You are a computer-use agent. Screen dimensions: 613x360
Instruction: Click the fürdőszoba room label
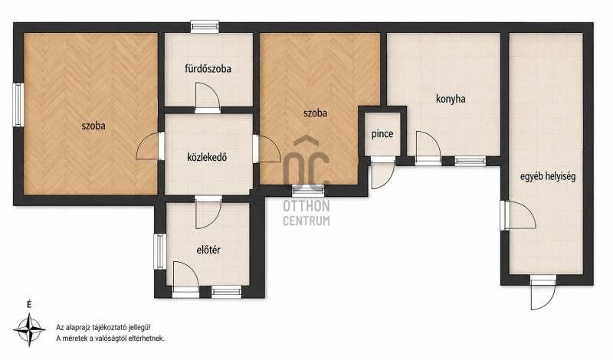point(208,69)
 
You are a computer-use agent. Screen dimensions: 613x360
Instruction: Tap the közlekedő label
point(207,158)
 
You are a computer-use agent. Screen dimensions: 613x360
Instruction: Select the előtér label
point(208,250)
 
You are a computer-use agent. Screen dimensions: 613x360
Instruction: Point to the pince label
point(382,134)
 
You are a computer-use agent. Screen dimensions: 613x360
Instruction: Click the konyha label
point(451,99)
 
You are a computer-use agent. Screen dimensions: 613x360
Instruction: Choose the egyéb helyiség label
point(548,177)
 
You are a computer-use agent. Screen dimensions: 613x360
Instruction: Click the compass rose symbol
point(29,330)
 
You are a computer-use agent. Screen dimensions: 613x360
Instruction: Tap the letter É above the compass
point(29,305)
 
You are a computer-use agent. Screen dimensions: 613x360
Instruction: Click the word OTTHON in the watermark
point(306,206)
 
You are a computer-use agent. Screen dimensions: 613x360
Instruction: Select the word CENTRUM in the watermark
point(306,221)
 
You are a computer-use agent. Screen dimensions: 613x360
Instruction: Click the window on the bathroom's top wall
point(205,27)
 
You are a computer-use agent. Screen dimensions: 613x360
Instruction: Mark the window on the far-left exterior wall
point(18,104)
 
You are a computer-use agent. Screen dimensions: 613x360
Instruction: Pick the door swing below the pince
point(382,175)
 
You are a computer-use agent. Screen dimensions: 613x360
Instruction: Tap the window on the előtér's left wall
point(160,251)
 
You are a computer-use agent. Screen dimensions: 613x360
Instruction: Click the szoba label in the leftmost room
point(93,126)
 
